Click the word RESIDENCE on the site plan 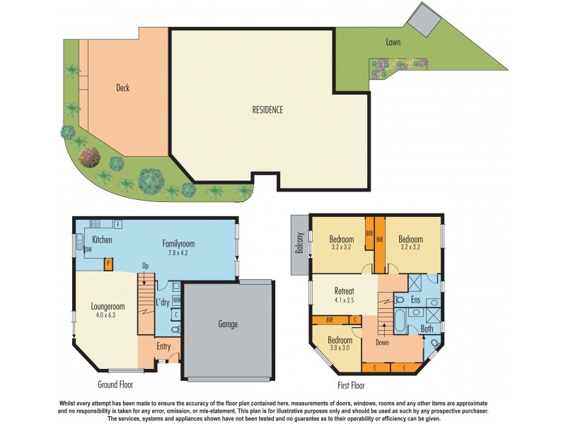click(x=267, y=110)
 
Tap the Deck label click(x=122, y=88)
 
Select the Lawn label click(x=393, y=42)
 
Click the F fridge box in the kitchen click(x=118, y=224)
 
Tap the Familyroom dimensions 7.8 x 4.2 click(x=178, y=253)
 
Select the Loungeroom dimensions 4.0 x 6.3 click(x=108, y=317)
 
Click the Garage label click(x=227, y=325)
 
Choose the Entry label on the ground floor click(x=163, y=346)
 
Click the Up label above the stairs click(x=145, y=266)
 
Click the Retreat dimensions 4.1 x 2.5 click(x=344, y=300)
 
